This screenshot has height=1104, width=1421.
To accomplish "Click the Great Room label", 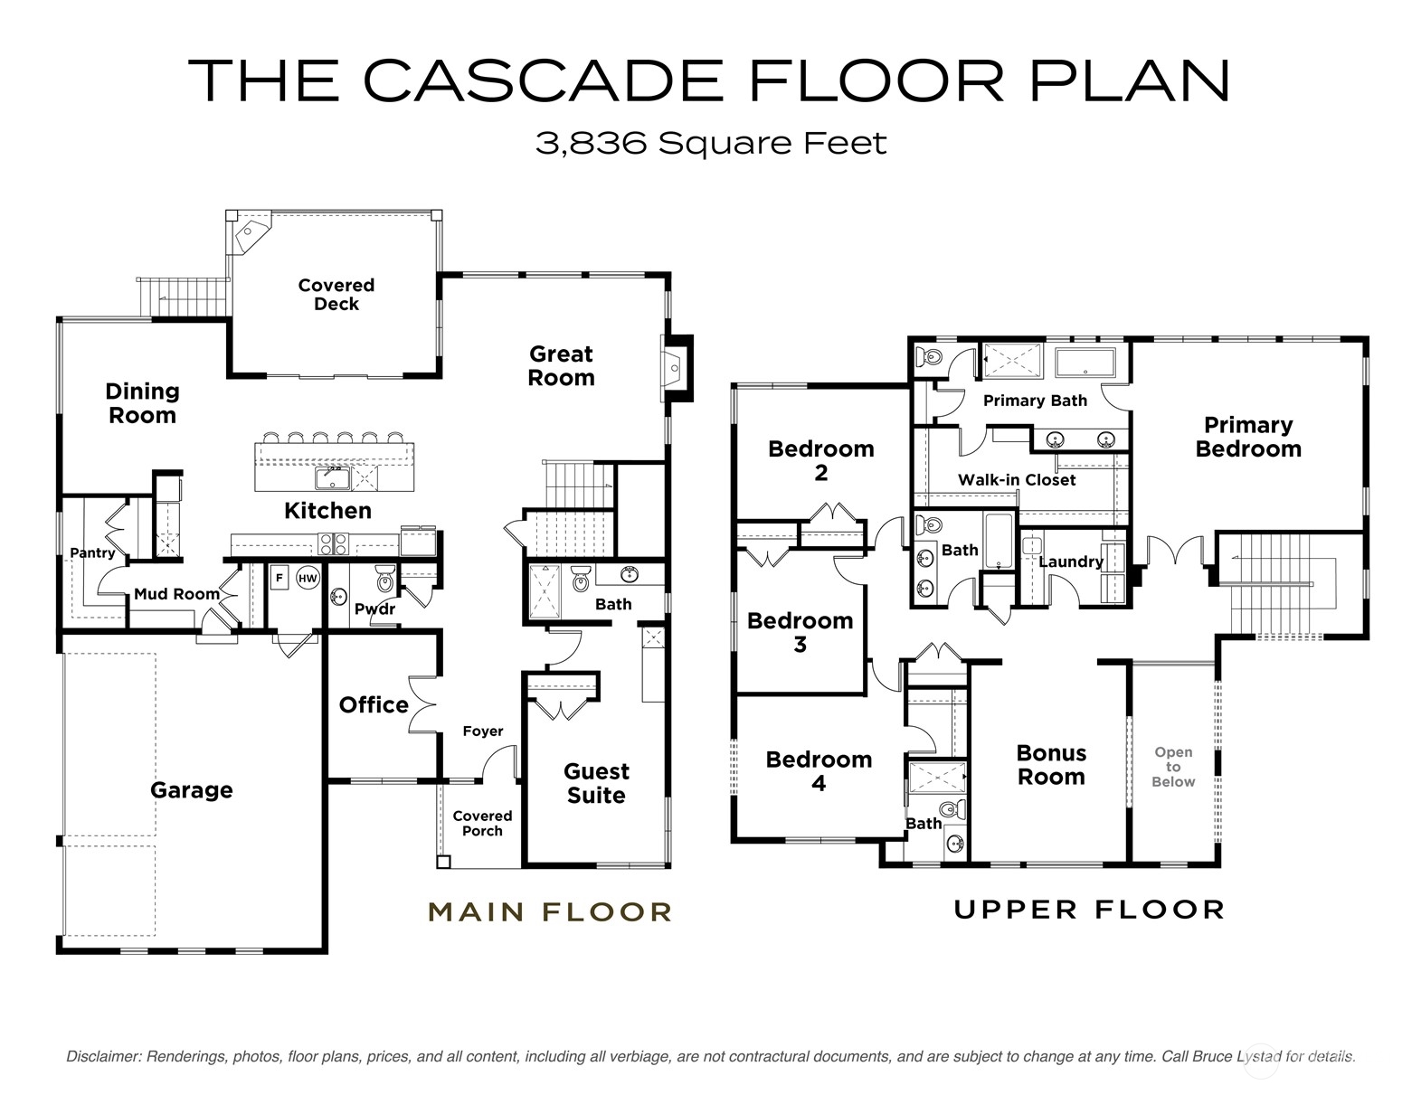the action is coord(561,366).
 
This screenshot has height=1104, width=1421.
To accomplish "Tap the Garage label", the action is coord(192,790).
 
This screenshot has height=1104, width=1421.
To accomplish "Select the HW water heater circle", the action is coord(308,578).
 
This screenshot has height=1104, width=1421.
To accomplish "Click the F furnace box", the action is coord(279,578).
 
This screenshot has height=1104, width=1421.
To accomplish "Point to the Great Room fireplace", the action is coord(677,369).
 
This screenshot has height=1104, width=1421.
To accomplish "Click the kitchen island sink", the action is coord(333,478).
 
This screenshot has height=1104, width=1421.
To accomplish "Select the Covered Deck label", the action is coord(336,295).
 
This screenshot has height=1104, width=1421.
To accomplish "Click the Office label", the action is coord(374,705).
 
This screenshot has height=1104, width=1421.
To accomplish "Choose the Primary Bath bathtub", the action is coord(1085,363).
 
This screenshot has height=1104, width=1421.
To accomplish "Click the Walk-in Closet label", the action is coord(1017,480).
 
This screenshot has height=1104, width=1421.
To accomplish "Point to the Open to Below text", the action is coord(1173,767).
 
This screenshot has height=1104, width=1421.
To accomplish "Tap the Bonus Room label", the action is coord(1052,766).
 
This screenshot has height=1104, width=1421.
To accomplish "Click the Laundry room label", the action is coord(1071,561).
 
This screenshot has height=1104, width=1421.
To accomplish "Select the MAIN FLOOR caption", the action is coord(550,911).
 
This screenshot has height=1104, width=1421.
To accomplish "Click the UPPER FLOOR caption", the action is coord(1089,910).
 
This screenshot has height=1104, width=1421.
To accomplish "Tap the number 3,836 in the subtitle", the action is coord(592,144).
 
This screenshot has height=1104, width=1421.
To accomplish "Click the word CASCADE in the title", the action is coord(543,81).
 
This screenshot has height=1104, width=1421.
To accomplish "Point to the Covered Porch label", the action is coord(483,824).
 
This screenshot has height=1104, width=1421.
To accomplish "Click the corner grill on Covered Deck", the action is coord(251,232).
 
